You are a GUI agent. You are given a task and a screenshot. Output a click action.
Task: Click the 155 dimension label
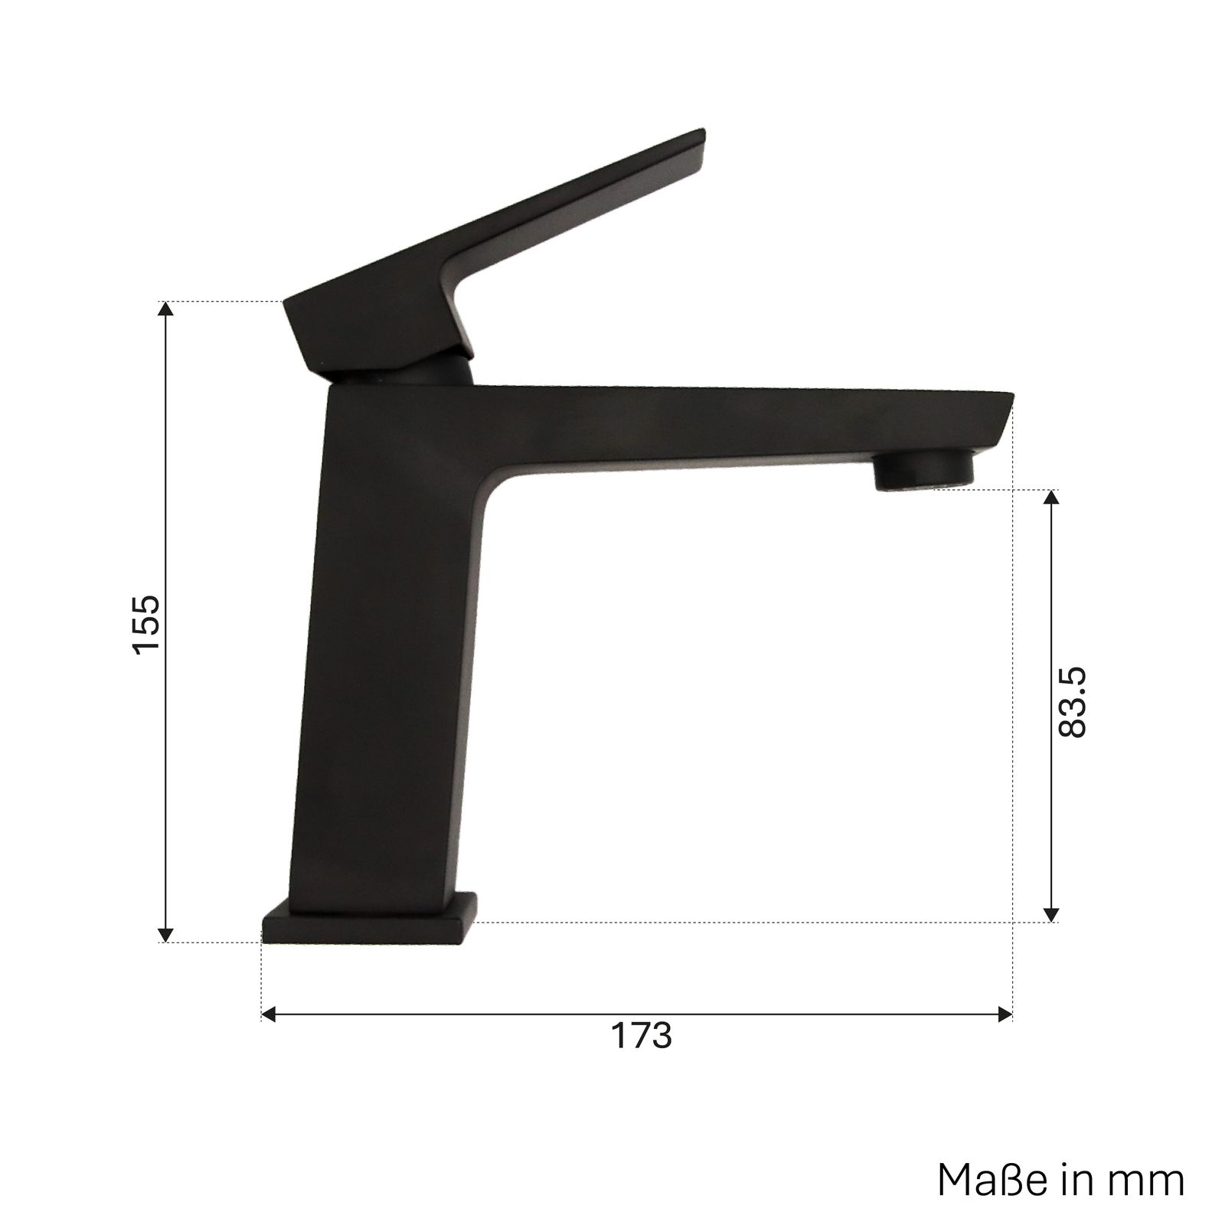click(x=146, y=622)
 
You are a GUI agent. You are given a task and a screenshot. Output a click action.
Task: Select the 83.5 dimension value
click(x=1072, y=701)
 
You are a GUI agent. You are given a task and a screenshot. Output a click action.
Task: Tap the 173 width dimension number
click(x=641, y=1036)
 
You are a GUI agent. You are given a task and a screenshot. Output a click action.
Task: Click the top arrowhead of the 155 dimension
click(x=165, y=309)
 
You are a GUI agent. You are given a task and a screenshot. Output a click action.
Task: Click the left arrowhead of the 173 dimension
click(x=269, y=1015)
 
